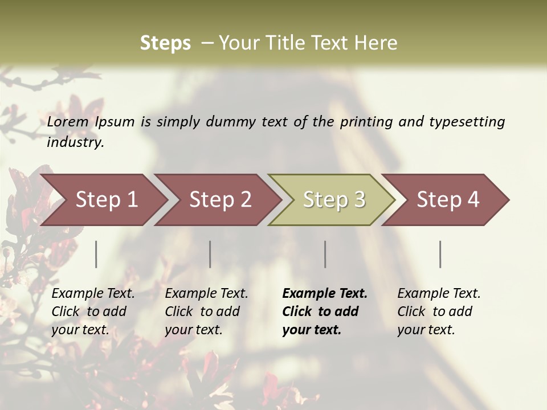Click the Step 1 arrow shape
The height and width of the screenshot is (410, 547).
tap(106, 200)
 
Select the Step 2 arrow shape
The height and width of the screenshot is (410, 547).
tap(220, 200)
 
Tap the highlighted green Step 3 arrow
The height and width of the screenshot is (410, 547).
tap(334, 200)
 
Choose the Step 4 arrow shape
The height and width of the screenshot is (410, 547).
tap(448, 200)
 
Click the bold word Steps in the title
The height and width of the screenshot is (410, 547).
tap(165, 43)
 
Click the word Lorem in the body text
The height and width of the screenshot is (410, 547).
tap(68, 121)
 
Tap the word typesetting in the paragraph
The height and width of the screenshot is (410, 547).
tap(467, 121)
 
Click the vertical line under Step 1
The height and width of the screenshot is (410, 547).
tap(96, 254)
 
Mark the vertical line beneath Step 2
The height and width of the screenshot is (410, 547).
tap(210, 254)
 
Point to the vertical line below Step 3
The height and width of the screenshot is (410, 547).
tap(325, 254)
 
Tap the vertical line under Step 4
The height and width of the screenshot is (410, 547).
tap(440, 254)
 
